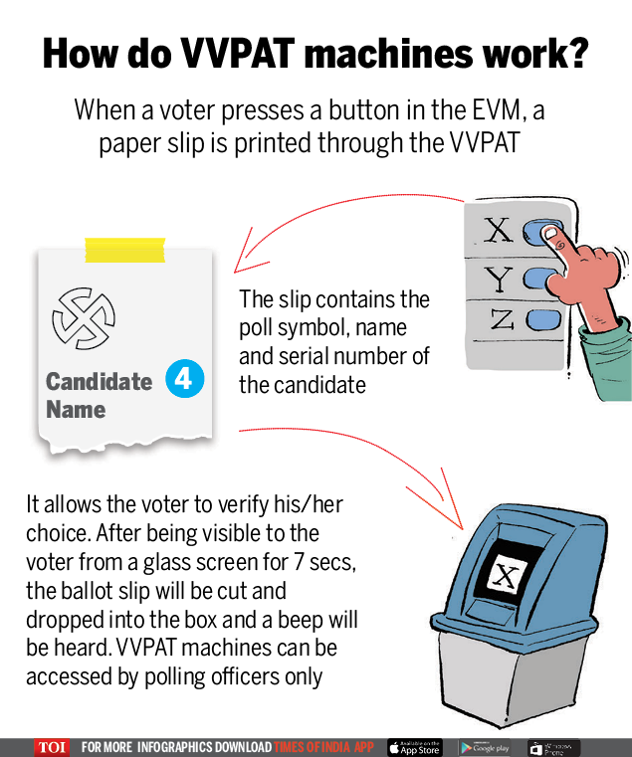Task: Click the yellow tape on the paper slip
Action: point(124,250)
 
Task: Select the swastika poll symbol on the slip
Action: point(85,317)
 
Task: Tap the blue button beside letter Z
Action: point(544,320)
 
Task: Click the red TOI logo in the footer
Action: point(51,747)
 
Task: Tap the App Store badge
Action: point(415,747)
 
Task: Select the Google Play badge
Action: point(485,747)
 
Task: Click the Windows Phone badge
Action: point(553,747)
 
